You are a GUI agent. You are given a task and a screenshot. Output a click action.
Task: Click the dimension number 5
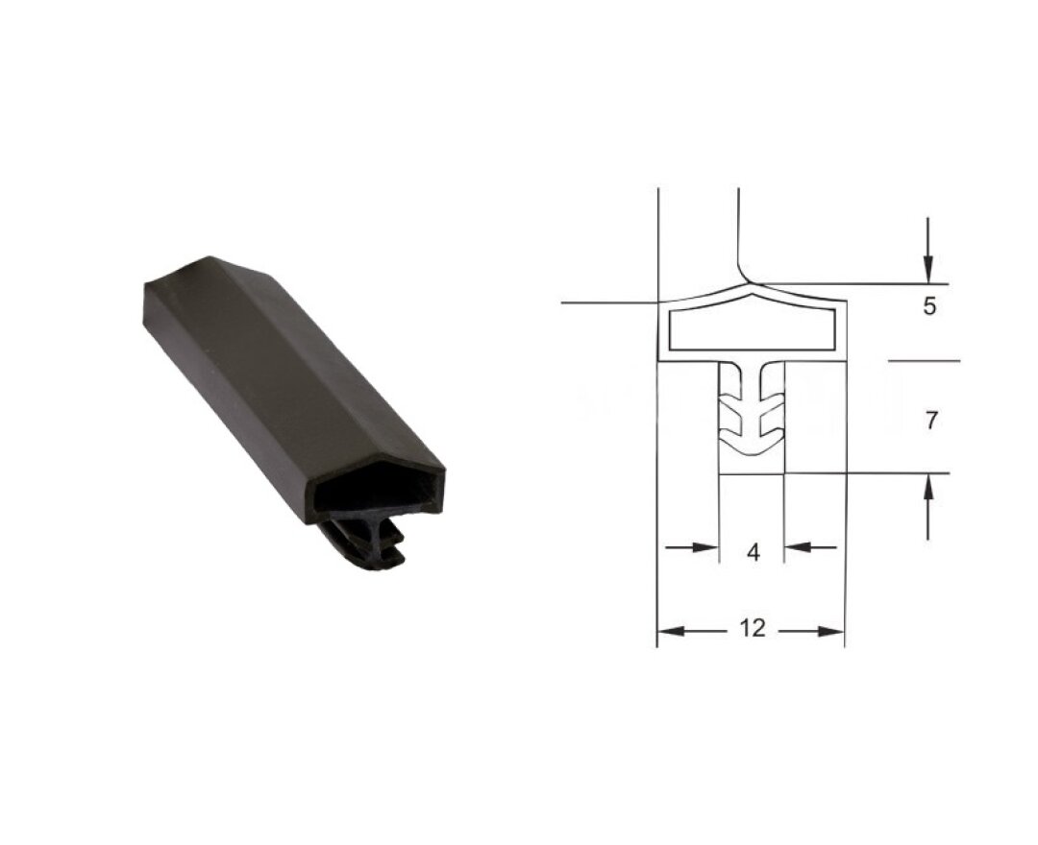pyautogui.click(x=927, y=308)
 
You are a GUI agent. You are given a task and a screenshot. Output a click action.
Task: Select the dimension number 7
pyautogui.click(x=928, y=420)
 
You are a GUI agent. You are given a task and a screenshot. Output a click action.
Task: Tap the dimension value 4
pyautogui.click(x=753, y=552)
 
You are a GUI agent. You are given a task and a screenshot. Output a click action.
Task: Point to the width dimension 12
pyautogui.click(x=753, y=629)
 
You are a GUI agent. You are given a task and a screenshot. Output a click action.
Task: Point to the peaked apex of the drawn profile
pyautogui.click(x=752, y=285)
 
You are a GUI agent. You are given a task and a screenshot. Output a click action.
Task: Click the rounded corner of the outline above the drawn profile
pyautogui.click(x=744, y=273)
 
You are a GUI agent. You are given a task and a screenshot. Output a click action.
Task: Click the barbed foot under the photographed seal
pyautogui.click(x=370, y=547)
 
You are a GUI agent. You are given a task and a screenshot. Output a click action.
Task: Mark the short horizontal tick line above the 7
pyautogui.click(x=924, y=362)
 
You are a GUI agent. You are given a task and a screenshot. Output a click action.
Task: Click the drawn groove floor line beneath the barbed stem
pyautogui.click(x=752, y=473)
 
